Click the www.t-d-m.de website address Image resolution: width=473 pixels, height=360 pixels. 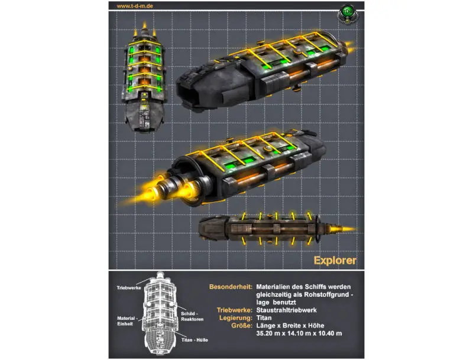coord(135,6)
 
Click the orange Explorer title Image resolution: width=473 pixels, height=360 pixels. coord(335,260)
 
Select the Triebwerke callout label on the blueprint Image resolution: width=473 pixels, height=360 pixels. coord(129,288)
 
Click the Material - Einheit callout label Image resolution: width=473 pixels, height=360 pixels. coord(126,321)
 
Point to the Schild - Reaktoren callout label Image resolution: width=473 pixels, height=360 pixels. coord(192,316)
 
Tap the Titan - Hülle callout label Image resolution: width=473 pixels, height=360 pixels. coord(195,340)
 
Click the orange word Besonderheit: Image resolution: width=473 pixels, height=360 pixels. coord(231,287)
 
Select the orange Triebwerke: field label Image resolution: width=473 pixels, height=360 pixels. coord(234,310)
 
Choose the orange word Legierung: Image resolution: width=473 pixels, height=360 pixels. coord(235,318)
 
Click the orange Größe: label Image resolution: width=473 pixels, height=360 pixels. coord(242,326)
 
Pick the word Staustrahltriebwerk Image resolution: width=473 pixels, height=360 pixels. coord(286,310)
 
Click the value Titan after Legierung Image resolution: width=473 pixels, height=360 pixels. coord(264,318)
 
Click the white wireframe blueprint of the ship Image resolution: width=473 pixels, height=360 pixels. coord(159,313)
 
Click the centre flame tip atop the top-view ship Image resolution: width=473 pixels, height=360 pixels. coord(145,25)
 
